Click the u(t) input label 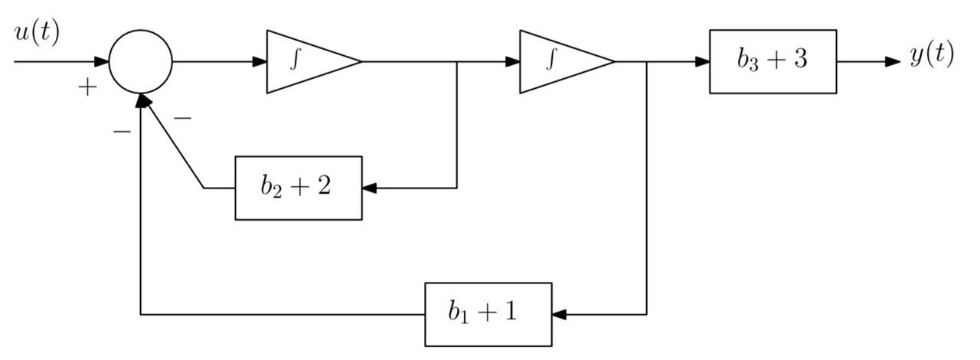(36, 34)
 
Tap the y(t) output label (932, 54)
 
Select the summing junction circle (141, 62)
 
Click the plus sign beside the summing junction (88, 88)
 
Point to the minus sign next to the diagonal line (183, 119)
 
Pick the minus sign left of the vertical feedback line (122, 132)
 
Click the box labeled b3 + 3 (773, 61)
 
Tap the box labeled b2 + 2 (298, 188)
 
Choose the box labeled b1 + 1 (488, 314)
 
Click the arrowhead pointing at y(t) (893, 61)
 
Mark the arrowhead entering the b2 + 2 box (370, 188)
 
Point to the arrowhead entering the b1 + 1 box (559, 314)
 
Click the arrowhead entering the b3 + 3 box (702, 61)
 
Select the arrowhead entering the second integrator (512, 61)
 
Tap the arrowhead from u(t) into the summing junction (101, 61)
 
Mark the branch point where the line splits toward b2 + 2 (457, 61)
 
